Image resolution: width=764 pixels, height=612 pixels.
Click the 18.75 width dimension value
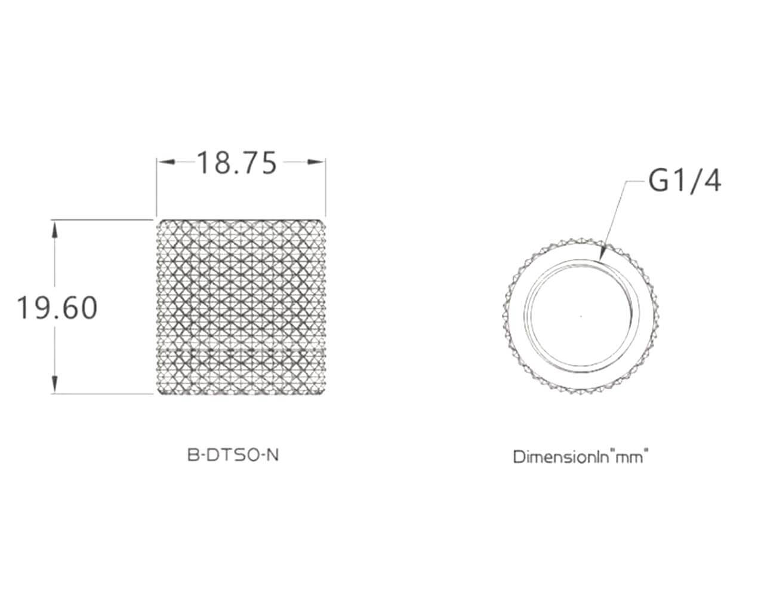point(236,163)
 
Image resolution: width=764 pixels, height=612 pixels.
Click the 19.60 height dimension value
point(57,308)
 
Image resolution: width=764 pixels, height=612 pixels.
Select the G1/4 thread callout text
point(685,181)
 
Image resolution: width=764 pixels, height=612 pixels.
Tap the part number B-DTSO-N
point(233,455)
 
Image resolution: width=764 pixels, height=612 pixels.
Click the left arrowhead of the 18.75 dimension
point(166,162)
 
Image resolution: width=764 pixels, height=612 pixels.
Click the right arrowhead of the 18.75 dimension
point(316,162)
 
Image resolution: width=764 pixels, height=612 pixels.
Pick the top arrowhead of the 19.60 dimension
point(54,229)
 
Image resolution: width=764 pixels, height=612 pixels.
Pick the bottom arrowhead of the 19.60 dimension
point(54,384)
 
